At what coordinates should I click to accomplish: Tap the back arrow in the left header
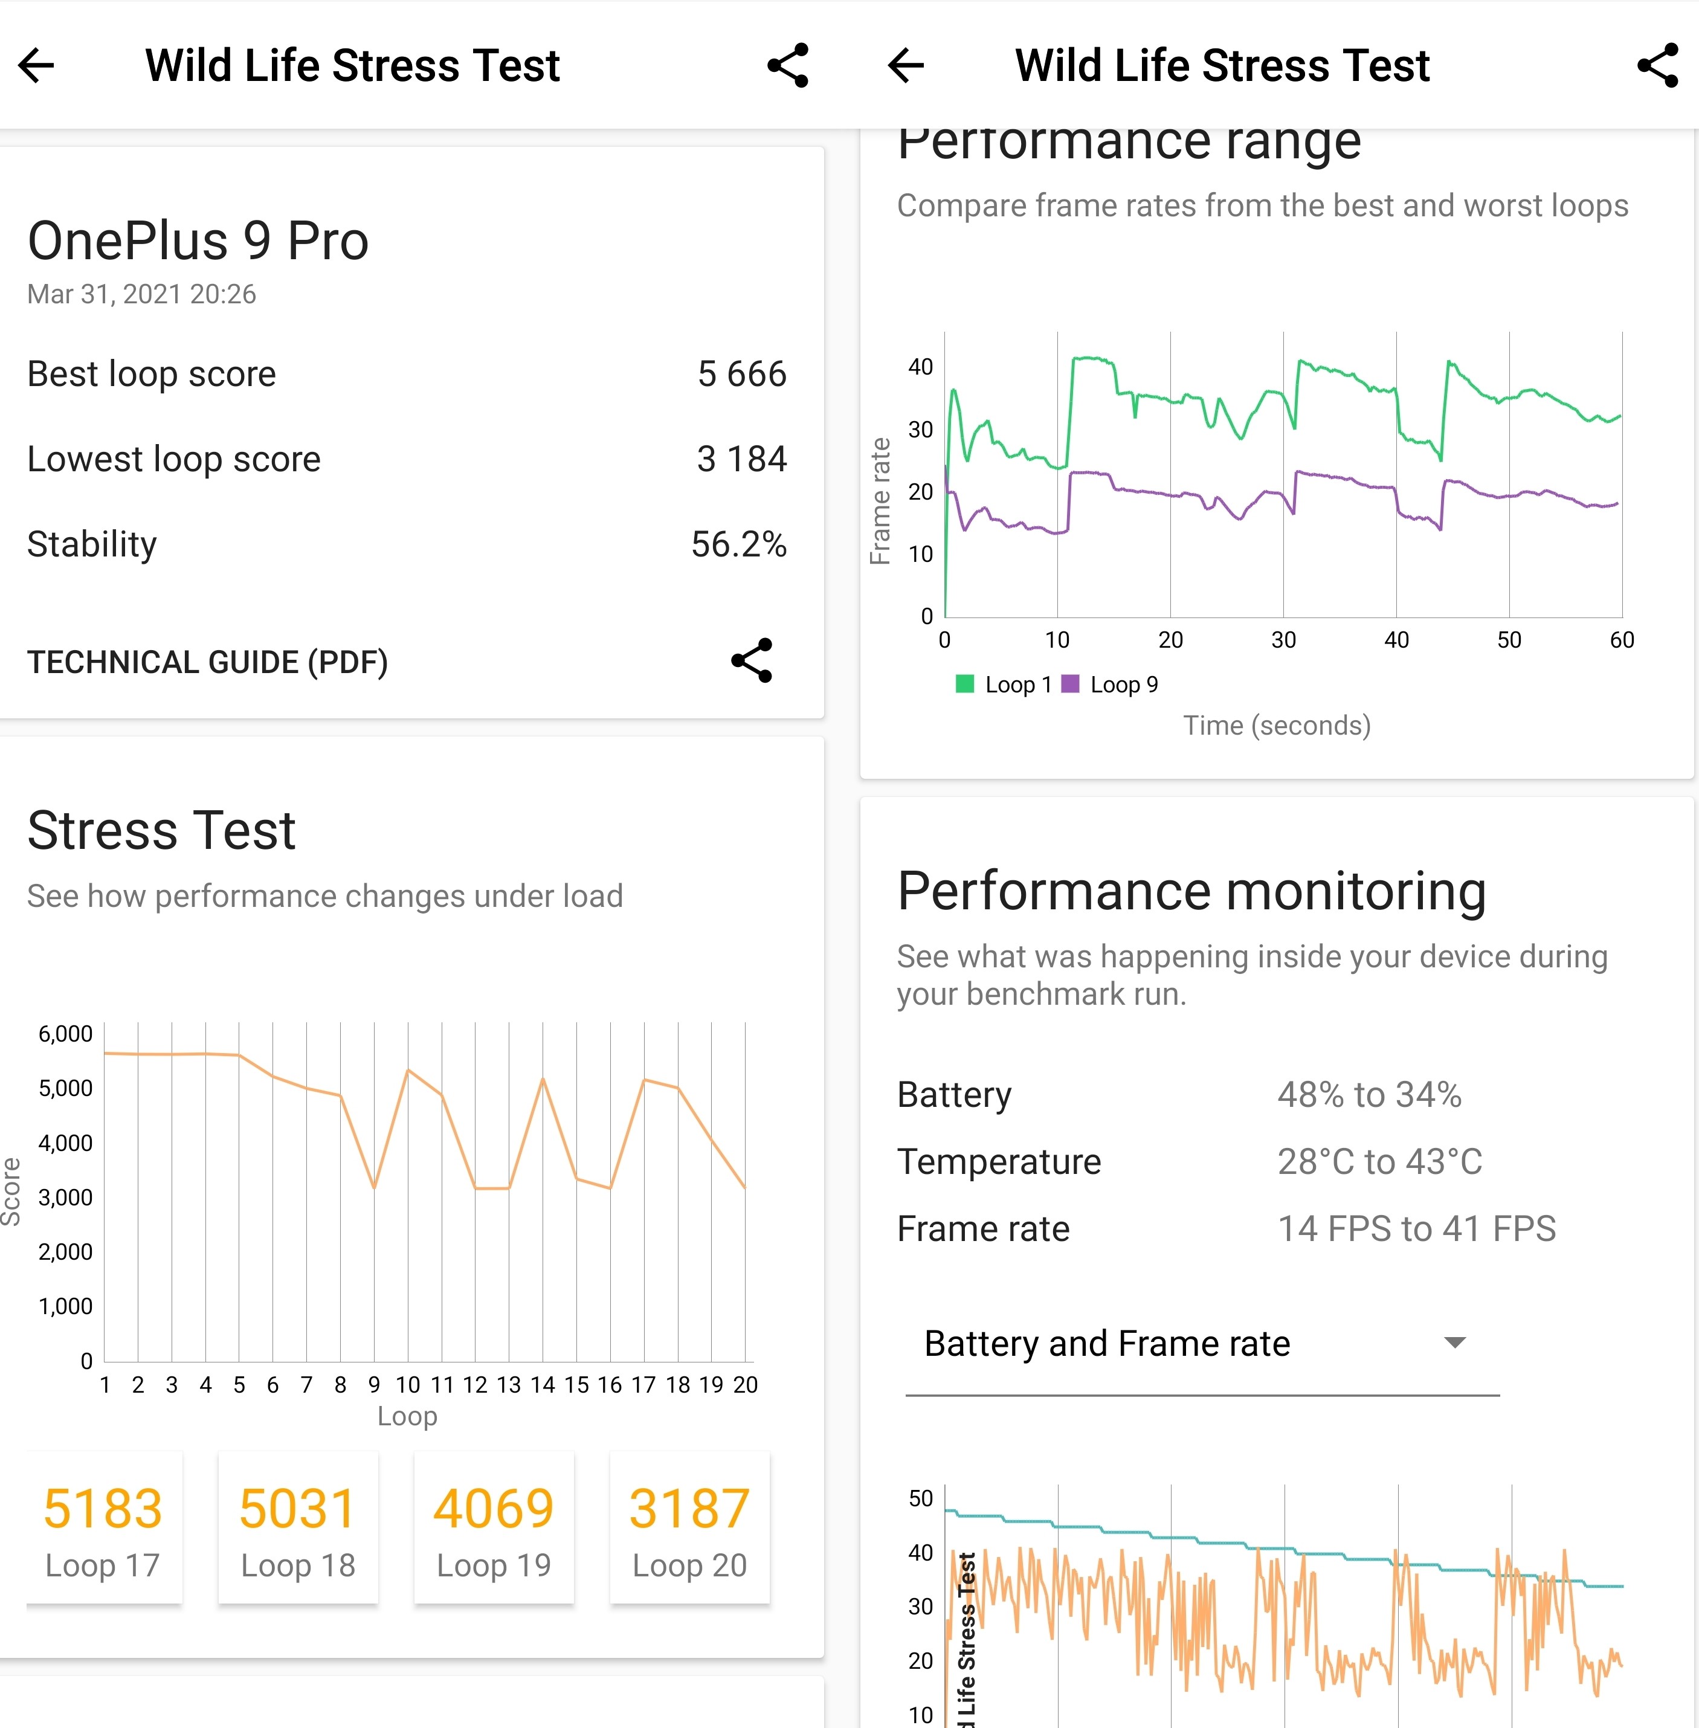[x=37, y=65]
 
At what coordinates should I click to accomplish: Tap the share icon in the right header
[x=1657, y=65]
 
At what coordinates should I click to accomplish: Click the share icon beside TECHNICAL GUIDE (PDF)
[x=752, y=661]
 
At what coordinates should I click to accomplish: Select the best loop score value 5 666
[x=741, y=374]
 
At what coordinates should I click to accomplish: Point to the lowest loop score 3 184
[x=741, y=459]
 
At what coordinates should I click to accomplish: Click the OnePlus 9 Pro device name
[x=198, y=241]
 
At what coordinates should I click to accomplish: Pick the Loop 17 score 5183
[x=103, y=1509]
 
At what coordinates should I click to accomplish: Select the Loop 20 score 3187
[x=689, y=1509]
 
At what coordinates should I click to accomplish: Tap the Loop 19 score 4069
[x=494, y=1509]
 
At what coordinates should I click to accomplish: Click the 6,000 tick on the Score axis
[x=65, y=1034]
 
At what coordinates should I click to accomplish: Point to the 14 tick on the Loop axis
[x=543, y=1385]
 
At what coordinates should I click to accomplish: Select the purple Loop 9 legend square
[x=1070, y=684]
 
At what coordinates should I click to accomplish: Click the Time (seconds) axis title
[x=1277, y=725]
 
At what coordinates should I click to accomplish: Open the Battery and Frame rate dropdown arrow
[x=1454, y=1343]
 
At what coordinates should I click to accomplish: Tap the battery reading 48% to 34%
[x=1369, y=1095]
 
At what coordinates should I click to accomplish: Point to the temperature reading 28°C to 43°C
[x=1379, y=1161]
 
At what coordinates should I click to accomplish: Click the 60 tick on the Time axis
[x=1622, y=640]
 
